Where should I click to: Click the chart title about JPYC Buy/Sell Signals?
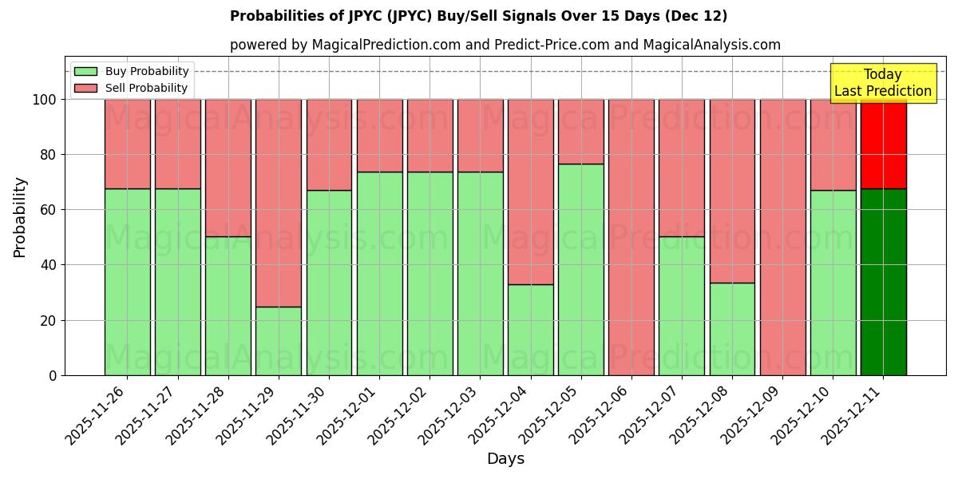(x=478, y=16)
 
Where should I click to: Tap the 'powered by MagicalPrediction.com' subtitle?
(x=505, y=46)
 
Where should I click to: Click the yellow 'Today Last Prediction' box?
(x=882, y=83)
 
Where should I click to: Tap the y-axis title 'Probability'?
(x=20, y=217)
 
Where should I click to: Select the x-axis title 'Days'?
(x=505, y=459)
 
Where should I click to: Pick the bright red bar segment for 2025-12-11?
(x=883, y=144)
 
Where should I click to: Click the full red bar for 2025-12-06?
(x=631, y=237)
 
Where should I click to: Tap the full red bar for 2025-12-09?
(x=782, y=237)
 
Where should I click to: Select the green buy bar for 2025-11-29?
(x=279, y=341)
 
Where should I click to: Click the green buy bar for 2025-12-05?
(x=580, y=269)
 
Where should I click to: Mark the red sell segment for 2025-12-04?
(x=530, y=192)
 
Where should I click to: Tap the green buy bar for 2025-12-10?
(x=833, y=283)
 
